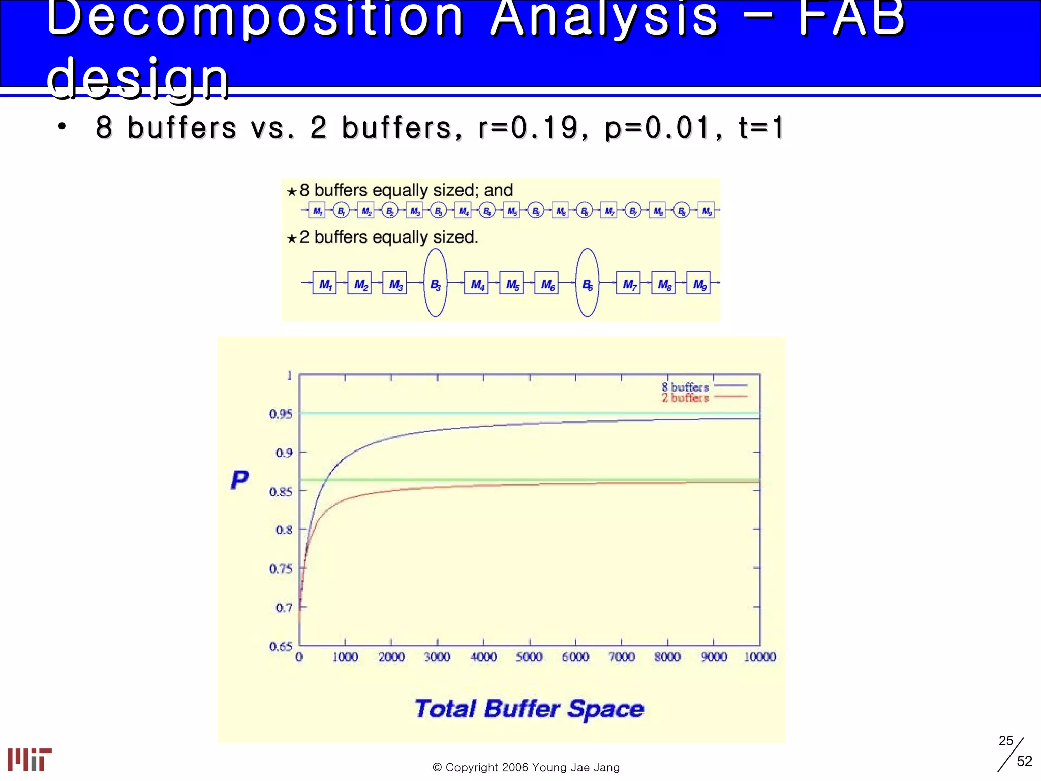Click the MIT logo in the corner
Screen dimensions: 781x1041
pos(29,759)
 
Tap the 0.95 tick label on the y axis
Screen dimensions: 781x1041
pos(281,414)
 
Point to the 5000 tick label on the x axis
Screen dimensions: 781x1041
pos(529,657)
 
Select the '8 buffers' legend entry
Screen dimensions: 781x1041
pos(685,387)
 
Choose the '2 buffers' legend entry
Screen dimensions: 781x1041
pos(685,398)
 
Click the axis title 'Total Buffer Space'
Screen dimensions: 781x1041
pos(529,709)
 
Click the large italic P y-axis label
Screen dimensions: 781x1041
pos(239,480)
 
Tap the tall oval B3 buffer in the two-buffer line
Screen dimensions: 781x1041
pos(436,283)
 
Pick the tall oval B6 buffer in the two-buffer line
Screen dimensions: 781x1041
pos(587,283)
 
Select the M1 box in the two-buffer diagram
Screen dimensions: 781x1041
pos(324,283)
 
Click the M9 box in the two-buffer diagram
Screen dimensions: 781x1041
pos(699,283)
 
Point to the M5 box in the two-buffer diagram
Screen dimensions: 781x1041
pos(512,283)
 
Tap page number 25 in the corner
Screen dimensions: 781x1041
pos(1005,740)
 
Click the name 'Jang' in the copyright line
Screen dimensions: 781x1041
pos(607,767)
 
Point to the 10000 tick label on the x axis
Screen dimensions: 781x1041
pos(759,657)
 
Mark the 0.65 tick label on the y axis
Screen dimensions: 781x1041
pos(281,646)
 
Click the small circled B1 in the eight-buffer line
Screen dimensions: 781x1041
pos(341,211)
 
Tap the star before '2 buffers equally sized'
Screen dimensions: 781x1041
pos(291,238)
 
